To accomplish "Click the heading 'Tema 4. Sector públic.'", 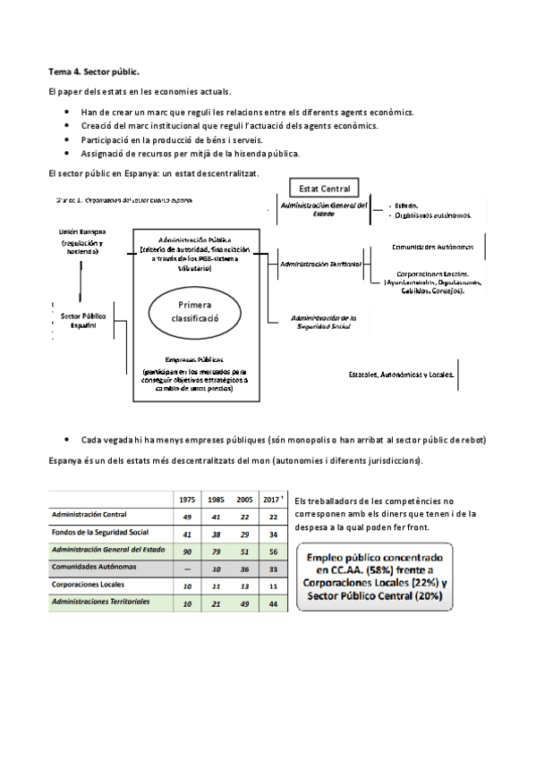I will pos(93,71).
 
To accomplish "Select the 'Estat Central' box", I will pos(324,188).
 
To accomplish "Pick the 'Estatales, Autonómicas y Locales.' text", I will pos(402,374).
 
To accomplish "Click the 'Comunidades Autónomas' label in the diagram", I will pos(438,246).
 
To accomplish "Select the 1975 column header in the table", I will pos(188,499).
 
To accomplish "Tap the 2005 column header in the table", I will pos(243,499).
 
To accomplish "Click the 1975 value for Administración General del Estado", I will pos(188,551).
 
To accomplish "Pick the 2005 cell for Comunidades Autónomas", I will pos(243,568).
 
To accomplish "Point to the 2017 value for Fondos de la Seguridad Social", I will pos(273,534).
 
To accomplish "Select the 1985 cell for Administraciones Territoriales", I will pos(216,603).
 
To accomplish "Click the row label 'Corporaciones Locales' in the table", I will pos(88,585).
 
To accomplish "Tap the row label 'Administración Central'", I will pos(89,516).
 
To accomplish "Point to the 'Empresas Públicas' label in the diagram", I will pos(193,358).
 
